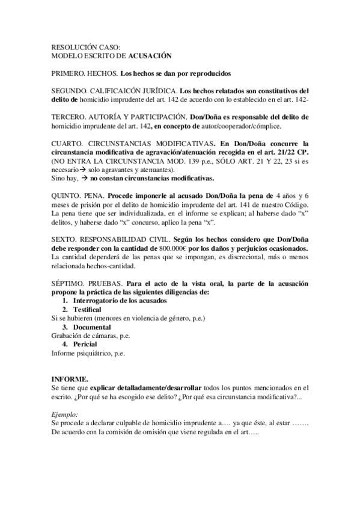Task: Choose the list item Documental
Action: [x=96, y=327]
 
